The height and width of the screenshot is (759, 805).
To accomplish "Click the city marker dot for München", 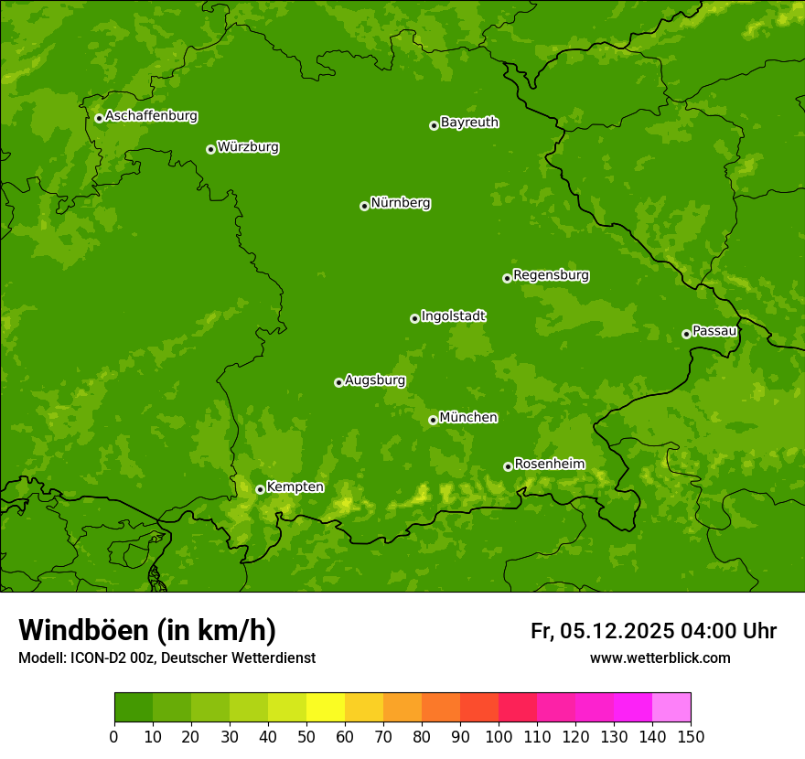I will [433, 420].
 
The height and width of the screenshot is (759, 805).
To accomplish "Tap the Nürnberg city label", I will [400, 203].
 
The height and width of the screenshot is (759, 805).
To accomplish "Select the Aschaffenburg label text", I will [151, 116].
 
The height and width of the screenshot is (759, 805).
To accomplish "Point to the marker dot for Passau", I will [686, 334].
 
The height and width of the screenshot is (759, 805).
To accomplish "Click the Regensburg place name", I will [551, 275].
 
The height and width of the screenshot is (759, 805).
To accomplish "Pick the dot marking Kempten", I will [260, 489].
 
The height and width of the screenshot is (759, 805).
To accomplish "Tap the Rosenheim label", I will [549, 465].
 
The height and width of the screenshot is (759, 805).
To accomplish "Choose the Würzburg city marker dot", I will [210, 149].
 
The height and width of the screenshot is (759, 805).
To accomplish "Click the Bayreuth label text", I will [469, 123].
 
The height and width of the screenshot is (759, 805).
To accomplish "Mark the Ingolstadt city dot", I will [414, 318].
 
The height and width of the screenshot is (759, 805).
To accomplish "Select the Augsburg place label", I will [375, 380].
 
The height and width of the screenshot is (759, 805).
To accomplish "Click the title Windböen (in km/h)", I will [147, 630].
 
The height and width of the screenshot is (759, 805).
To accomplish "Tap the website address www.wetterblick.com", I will [660, 658].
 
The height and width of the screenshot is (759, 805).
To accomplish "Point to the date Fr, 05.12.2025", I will [602, 631].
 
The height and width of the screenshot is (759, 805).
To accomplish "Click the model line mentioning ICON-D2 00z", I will [166, 658].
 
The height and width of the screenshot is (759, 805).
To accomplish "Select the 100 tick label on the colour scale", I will [499, 736].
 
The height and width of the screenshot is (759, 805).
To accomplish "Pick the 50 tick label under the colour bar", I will [306, 736].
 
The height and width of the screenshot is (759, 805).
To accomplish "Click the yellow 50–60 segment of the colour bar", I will [326, 707].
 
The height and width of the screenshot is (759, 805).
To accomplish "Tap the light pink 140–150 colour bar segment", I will [671, 707].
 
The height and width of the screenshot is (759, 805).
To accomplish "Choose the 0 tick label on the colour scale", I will [114, 736].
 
